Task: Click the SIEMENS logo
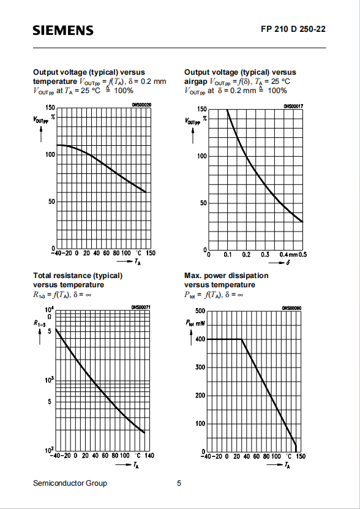click(63, 31)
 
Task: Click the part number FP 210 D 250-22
click(293, 29)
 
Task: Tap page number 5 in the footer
click(179, 483)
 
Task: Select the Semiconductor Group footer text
click(70, 483)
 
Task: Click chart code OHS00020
click(141, 105)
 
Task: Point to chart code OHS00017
click(293, 106)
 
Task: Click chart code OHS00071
click(141, 307)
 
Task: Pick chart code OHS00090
click(292, 307)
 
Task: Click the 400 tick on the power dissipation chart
click(200, 339)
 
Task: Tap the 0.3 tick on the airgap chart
click(265, 255)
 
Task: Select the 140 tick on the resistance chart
click(149, 456)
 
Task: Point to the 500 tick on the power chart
click(200, 311)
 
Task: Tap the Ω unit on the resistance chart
click(50, 317)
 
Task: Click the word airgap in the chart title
click(196, 81)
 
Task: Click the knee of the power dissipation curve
click(241, 339)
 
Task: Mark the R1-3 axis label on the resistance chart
click(39, 323)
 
